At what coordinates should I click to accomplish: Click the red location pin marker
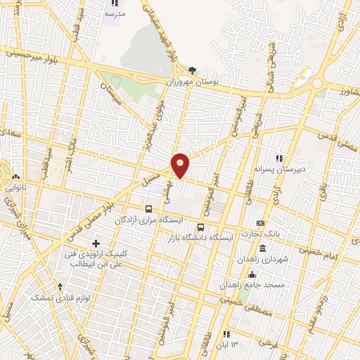click(181, 165)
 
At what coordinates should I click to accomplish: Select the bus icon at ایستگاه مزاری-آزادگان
click(148, 209)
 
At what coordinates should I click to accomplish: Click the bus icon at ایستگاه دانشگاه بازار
click(200, 227)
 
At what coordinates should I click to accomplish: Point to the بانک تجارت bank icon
click(261, 223)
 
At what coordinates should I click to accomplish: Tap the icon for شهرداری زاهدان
click(262, 248)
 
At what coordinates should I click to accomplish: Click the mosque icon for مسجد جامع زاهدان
click(252, 274)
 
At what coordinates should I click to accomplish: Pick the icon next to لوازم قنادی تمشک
click(60, 287)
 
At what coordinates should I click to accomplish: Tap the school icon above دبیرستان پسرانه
click(278, 158)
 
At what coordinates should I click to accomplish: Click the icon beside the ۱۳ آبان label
click(226, 334)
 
